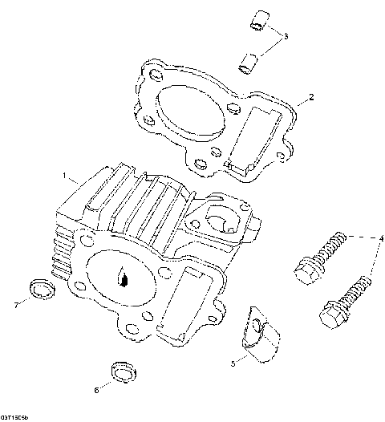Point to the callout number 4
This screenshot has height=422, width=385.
[x=382, y=237]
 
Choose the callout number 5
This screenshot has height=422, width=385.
[x=233, y=363]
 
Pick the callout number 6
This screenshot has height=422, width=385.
[x=97, y=391]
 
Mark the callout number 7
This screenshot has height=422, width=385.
[x=15, y=304]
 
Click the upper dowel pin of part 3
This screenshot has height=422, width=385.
[x=256, y=21]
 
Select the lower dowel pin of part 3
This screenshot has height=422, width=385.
[x=249, y=59]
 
